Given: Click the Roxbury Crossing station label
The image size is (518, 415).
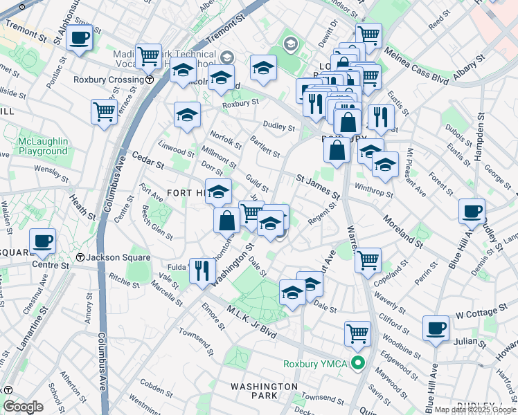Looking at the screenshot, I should click(x=114, y=80).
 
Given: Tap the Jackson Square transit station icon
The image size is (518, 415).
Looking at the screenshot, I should click(x=80, y=257).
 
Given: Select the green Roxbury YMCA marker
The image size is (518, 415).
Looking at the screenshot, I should click(x=358, y=363).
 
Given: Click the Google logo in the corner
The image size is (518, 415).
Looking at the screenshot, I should click(x=23, y=407).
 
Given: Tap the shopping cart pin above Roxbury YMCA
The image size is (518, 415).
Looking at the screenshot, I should click(x=357, y=333).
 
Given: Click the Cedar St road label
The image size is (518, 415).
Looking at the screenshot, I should click(x=147, y=162).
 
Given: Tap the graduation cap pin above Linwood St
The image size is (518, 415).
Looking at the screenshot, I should click(x=187, y=115).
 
